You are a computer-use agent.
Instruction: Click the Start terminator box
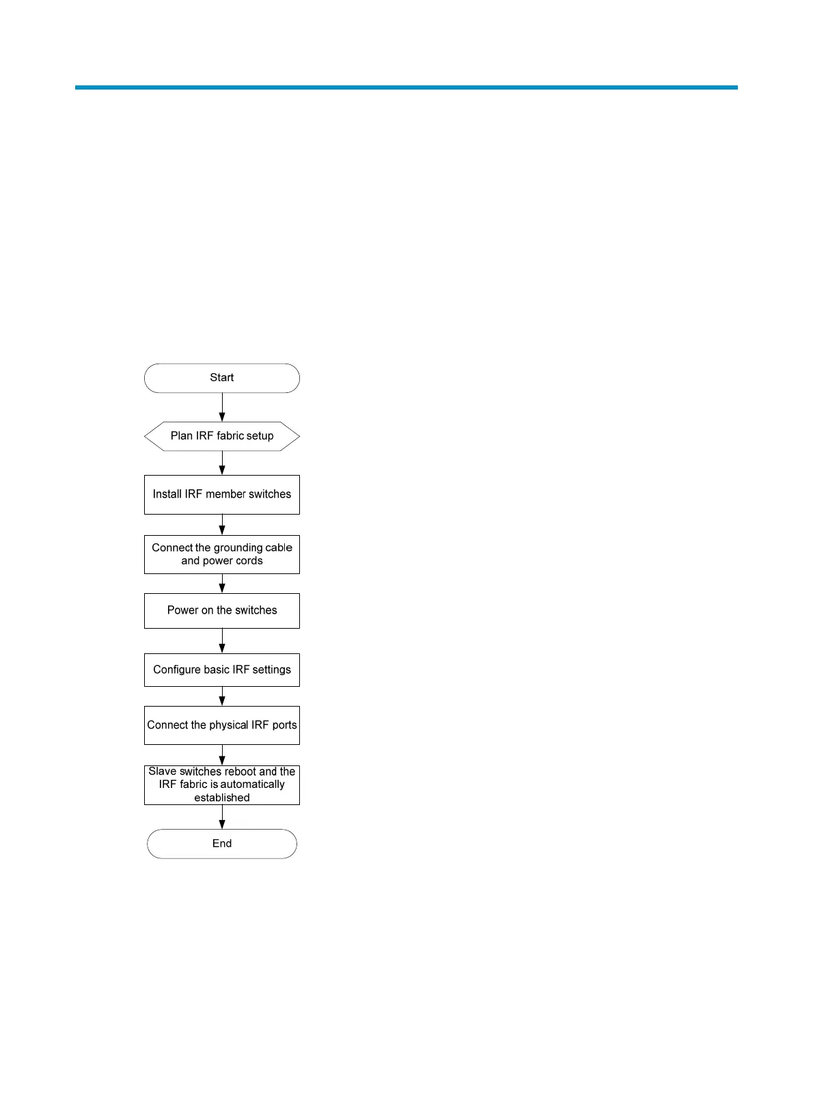click(x=222, y=378)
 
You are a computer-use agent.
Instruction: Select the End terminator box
click(x=222, y=844)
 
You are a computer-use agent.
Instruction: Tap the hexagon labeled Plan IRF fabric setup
click(x=222, y=436)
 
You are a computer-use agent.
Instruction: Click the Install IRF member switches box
click(x=222, y=494)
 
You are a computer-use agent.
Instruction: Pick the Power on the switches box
click(x=222, y=610)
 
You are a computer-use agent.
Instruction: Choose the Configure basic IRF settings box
click(x=222, y=670)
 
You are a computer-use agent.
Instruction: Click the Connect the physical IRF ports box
click(x=222, y=725)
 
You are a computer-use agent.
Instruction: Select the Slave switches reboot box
click(x=222, y=785)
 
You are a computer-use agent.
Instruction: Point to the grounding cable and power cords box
click(x=222, y=554)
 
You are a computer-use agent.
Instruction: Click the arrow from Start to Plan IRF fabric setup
click(x=222, y=407)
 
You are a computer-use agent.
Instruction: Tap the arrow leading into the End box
click(x=222, y=817)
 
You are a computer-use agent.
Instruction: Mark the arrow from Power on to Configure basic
click(x=222, y=641)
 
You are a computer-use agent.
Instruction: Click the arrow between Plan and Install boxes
click(x=222, y=463)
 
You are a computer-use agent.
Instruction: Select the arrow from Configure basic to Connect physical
click(x=222, y=696)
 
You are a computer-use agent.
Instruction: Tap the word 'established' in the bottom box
click(x=222, y=798)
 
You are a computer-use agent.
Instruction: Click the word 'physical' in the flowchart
click(x=229, y=725)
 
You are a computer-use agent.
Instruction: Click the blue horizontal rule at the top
click(x=406, y=87)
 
